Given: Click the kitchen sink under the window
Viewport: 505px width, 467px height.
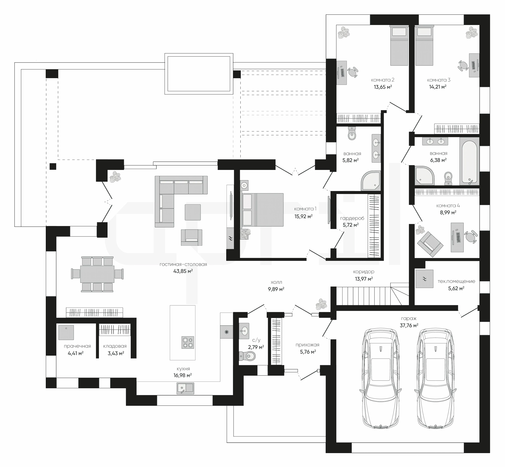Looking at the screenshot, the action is (185, 388).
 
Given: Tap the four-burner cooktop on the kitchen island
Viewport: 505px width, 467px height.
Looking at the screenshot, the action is (188, 343).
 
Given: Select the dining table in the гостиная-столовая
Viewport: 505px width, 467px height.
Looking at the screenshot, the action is (97, 274).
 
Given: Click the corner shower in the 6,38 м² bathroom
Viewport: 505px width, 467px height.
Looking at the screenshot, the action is (424, 175).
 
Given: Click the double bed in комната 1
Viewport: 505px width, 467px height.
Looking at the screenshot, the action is (262, 210).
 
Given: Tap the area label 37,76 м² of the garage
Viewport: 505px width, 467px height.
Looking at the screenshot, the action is (409, 325).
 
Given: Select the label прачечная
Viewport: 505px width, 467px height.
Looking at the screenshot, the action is (77, 346).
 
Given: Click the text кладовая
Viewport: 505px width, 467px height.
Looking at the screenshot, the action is (115, 346).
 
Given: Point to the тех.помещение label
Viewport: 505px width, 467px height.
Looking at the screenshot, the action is (456, 281).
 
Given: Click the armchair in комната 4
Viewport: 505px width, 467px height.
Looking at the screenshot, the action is (430, 244).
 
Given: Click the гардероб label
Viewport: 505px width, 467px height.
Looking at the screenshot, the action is (352, 218).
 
